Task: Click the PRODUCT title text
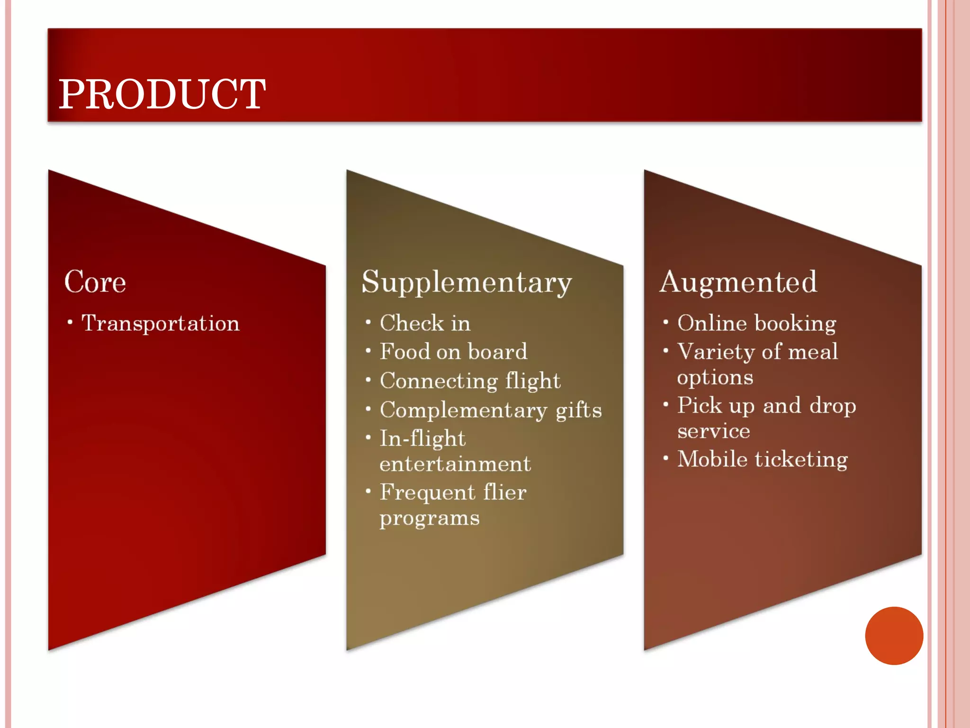(162, 94)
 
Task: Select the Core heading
(95, 282)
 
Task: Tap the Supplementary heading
(467, 283)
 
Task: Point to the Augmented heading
(738, 282)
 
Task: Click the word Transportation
(161, 324)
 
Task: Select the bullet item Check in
(425, 323)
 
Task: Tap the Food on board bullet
(453, 352)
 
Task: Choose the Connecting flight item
(470, 381)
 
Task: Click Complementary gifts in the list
(491, 410)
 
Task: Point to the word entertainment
(455, 464)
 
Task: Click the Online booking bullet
(756, 324)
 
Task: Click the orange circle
(894, 636)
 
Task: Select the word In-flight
(422, 439)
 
